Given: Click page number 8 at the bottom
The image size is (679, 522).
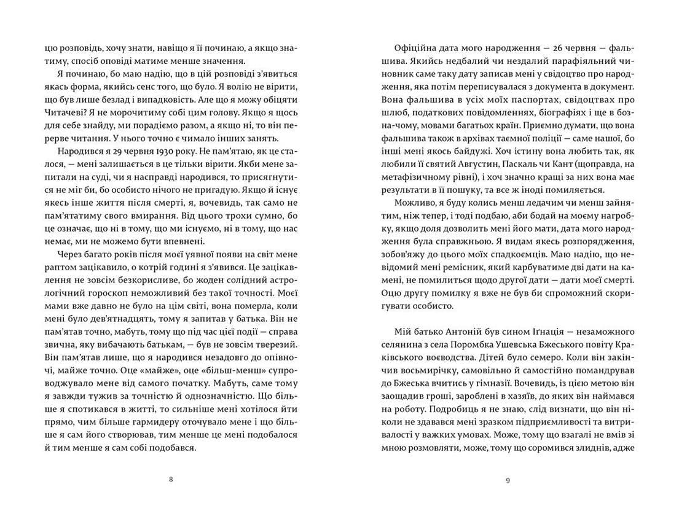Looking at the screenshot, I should click(x=170, y=480).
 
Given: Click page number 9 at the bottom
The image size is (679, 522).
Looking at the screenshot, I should click(x=508, y=480).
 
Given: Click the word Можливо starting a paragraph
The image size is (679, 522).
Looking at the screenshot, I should click(x=415, y=213).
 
